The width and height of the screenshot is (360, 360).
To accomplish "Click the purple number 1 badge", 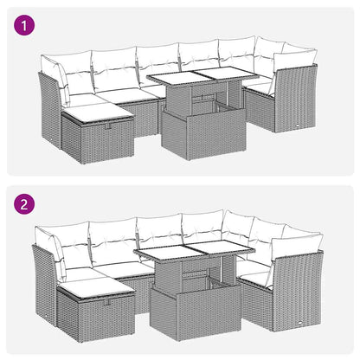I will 26,27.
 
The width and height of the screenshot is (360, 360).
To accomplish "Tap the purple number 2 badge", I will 26,207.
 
